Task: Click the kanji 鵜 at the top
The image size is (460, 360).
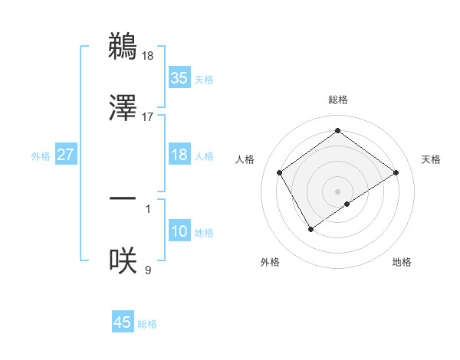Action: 123,45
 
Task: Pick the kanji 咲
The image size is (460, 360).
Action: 123,261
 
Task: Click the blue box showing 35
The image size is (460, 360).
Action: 179,77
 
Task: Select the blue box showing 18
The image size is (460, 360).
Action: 179,155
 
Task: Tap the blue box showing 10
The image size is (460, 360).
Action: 179,231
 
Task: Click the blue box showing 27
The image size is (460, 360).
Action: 66,155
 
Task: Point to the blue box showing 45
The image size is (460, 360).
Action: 123,322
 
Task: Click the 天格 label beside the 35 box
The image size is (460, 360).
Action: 204,80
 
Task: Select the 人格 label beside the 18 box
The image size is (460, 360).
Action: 204,156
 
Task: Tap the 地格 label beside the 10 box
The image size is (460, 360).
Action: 204,233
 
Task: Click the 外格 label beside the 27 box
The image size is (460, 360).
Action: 41,156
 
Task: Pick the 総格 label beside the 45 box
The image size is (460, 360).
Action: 147,324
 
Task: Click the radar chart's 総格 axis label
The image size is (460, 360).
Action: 338,100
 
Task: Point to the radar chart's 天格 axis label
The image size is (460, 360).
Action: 432,159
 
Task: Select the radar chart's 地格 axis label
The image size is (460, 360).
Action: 402,262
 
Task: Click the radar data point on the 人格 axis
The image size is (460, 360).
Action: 280,172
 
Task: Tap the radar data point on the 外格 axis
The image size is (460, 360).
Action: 311,229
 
